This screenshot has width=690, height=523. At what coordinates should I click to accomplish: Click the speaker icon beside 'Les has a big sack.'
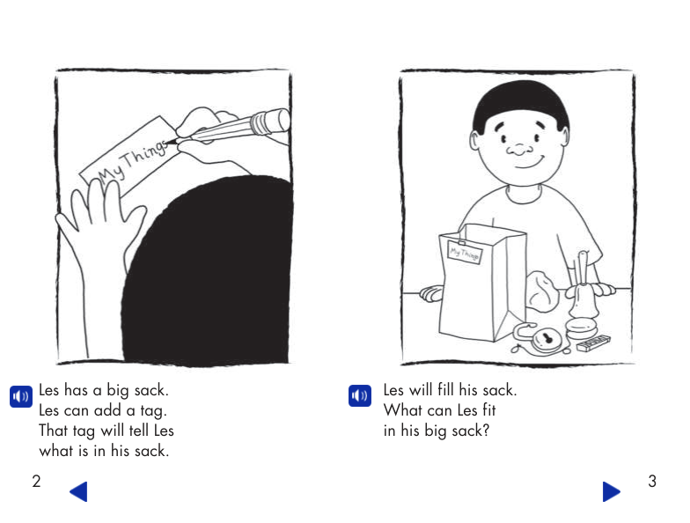click(20, 396)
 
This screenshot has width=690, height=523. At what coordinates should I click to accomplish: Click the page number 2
click(36, 481)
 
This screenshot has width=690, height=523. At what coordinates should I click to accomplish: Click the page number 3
click(651, 481)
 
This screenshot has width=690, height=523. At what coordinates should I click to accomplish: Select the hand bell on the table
click(581, 305)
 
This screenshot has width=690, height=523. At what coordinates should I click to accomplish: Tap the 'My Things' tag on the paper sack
click(466, 252)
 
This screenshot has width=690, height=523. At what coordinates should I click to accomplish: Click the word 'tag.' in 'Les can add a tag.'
click(152, 410)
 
